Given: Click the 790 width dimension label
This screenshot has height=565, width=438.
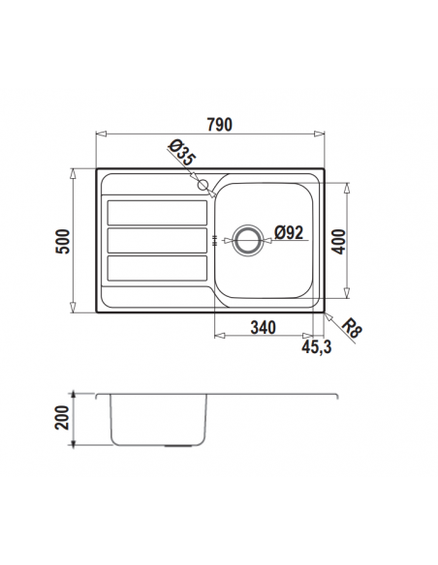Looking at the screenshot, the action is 219,124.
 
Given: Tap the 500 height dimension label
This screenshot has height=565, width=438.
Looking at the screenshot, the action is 63,242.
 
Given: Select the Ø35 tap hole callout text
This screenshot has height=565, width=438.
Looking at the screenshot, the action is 182,154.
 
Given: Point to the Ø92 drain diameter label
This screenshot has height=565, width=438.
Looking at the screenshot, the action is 289,232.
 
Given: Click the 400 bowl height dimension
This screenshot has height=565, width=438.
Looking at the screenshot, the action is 338,242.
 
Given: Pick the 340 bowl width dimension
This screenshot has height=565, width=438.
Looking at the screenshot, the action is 264,328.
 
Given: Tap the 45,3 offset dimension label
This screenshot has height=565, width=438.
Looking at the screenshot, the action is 316,347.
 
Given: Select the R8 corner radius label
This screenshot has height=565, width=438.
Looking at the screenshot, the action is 351,329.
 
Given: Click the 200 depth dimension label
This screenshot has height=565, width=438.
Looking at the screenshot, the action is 62,418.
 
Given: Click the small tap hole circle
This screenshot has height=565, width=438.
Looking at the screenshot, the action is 203,185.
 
